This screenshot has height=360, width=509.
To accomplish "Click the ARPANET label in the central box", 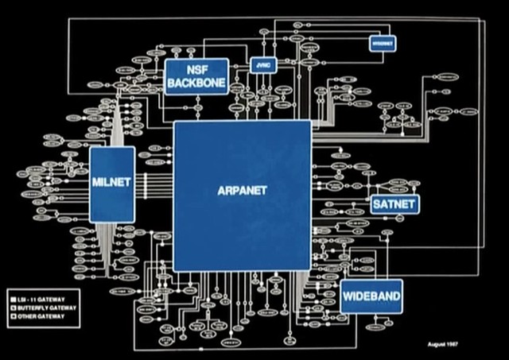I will pos(242,191).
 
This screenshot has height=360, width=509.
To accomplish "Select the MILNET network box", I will pos(111,183).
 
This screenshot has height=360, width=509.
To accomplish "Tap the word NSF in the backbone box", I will pos(196,69).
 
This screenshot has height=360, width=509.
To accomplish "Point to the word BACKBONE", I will pos(196,83).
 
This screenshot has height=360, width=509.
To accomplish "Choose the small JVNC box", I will pos(263,65).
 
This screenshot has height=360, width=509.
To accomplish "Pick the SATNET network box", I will pos(394,204).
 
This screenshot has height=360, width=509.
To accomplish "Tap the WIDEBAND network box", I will pos(371,297).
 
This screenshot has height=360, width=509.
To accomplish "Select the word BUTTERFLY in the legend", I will pos(32,307).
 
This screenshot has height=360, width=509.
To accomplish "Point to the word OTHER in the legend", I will pos(26,316).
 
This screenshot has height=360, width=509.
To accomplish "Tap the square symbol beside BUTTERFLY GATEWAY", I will pos(14,307).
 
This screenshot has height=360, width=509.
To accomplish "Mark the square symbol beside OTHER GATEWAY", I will pos(14,316).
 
